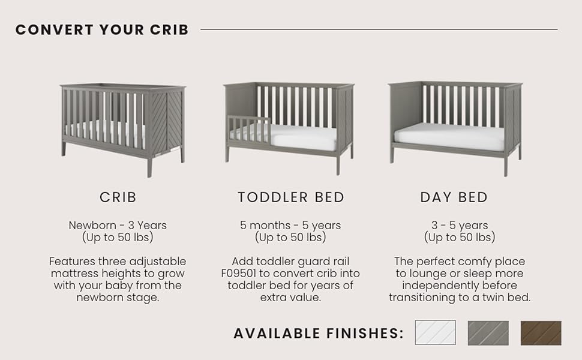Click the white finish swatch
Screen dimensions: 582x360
pyautogui.click(x=436, y=333)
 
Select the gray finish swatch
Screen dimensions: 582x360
pyautogui.click(x=488, y=333)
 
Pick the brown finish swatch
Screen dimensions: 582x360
pyautogui.click(x=541, y=333)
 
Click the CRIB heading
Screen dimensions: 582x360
pyautogui.click(x=118, y=197)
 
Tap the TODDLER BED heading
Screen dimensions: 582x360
pyautogui.click(x=291, y=197)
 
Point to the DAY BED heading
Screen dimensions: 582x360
pyautogui.click(x=454, y=197)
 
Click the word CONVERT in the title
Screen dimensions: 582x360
pyautogui.click(x=55, y=29)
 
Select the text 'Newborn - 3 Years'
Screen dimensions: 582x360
pyautogui.click(x=118, y=225)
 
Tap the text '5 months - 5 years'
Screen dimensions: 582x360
pyautogui.click(x=290, y=225)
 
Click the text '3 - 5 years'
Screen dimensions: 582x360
pyautogui.click(x=460, y=225)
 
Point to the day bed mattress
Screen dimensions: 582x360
pyautogui.click(x=449, y=137)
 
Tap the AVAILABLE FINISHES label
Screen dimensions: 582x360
pyautogui.click(x=319, y=333)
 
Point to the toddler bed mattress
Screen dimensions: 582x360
pyautogui.click(x=302, y=137)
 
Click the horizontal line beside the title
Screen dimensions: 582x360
pyautogui.click(x=379, y=29)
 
